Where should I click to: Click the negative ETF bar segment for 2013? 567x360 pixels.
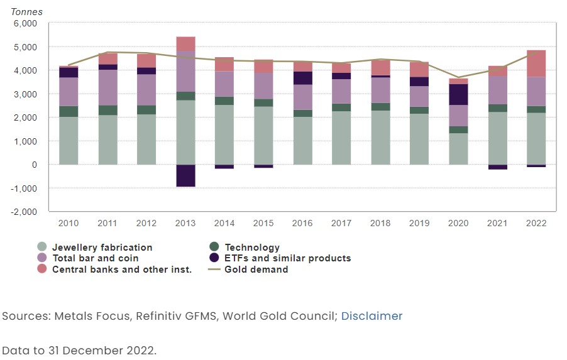[185, 175]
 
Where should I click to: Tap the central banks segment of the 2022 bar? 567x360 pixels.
[536, 63]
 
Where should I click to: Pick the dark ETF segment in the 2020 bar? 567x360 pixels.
[458, 94]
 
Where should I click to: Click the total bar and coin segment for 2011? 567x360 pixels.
[107, 87]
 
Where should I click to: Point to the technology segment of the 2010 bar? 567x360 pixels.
[69, 111]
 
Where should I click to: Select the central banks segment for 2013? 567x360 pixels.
[185, 44]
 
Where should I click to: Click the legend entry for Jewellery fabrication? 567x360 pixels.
[102, 248]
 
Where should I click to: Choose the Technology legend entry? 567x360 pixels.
[252, 248]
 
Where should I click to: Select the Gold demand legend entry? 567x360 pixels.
[256, 270]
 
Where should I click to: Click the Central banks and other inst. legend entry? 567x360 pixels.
[121, 270]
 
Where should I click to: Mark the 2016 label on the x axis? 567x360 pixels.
[302, 223]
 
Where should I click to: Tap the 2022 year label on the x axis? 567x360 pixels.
[536, 223]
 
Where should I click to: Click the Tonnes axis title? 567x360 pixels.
[27, 12]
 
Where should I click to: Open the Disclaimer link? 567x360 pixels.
[372, 316]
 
